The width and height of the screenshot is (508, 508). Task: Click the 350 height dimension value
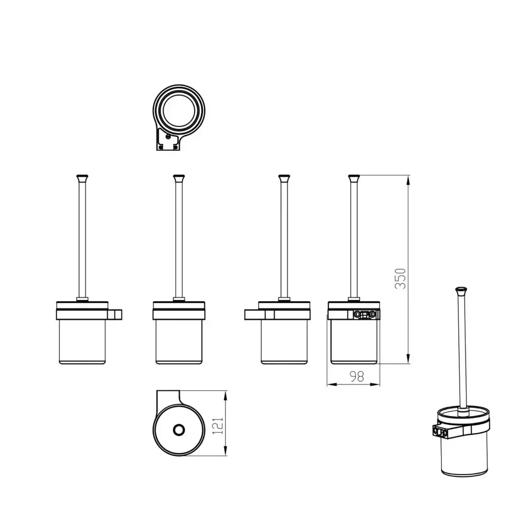click(400, 278)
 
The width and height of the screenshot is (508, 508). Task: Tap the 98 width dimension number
click(357, 376)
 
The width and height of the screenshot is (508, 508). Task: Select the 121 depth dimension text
click(217, 426)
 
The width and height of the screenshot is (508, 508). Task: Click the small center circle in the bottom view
click(178, 430)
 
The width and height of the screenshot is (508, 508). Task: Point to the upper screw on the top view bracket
click(168, 137)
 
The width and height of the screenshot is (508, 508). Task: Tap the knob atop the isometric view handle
click(461, 290)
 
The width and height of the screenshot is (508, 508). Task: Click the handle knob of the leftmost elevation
click(82, 177)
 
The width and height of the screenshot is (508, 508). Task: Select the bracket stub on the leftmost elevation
click(115, 314)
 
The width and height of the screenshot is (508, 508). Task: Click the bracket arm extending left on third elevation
click(255, 314)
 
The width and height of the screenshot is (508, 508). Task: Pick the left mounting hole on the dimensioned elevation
click(357, 314)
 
